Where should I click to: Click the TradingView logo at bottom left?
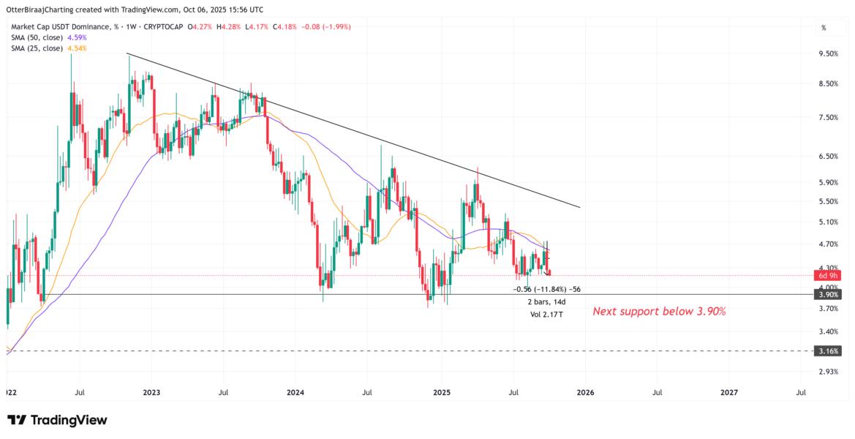(x=57, y=420)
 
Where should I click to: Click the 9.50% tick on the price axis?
(x=829, y=53)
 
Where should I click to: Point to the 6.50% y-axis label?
(x=829, y=156)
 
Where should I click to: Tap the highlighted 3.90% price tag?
(x=829, y=294)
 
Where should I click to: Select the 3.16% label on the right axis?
(x=829, y=351)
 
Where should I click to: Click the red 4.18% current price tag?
(x=829, y=276)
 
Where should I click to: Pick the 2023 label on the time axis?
(x=151, y=392)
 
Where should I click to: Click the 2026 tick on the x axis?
(x=585, y=392)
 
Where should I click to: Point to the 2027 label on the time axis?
(x=729, y=392)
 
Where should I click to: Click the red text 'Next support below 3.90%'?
(x=658, y=312)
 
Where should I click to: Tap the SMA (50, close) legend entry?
(x=48, y=37)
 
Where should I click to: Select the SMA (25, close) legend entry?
(x=48, y=48)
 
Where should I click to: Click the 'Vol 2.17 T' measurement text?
(x=548, y=314)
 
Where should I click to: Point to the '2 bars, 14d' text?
(x=547, y=301)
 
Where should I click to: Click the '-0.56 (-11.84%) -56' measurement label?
(x=547, y=289)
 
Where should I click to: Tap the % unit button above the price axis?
(x=824, y=28)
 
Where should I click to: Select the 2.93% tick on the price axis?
(x=829, y=372)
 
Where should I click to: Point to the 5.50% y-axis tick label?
(x=829, y=201)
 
